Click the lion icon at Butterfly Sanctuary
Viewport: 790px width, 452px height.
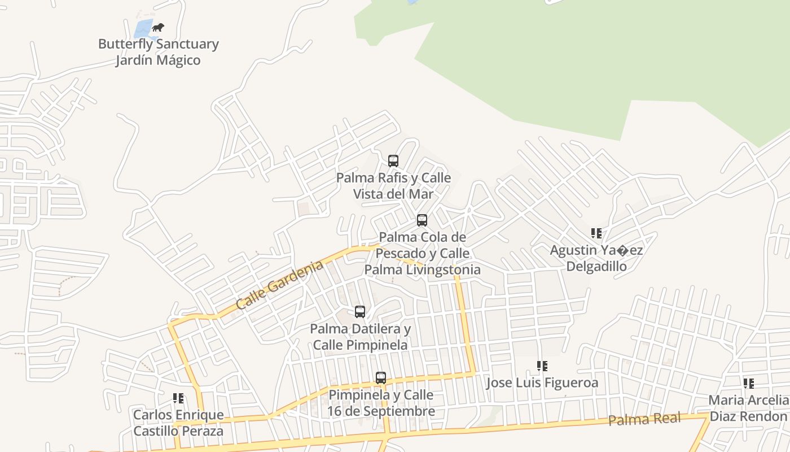(158, 27)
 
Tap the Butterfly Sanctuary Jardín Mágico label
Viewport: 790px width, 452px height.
(158, 52)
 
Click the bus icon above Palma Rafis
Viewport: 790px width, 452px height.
(393, 161)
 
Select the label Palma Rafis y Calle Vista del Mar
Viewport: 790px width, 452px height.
(393, 186)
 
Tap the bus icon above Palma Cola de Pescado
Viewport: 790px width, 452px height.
(422, 220)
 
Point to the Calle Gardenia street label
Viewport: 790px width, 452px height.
(279, 285)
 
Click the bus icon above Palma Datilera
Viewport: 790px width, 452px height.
(360, 311)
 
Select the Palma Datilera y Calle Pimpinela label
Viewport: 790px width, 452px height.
(360, 337)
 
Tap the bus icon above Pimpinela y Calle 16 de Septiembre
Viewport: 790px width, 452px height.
(381, 377)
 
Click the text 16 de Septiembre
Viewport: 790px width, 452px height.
(381, 411)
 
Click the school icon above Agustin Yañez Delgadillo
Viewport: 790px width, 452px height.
(596, 233)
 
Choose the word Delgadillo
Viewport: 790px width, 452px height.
(596, 266)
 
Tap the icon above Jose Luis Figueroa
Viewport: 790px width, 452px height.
(542, 366)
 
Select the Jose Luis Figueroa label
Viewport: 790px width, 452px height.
(542, 383)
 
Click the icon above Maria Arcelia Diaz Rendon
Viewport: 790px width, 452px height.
(749, 384)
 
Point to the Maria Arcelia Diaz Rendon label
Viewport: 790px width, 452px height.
(748, 408)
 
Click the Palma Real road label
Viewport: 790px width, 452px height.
(644, 419)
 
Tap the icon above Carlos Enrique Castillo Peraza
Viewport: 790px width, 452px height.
(178, 398)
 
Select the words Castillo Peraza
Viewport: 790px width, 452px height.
(178, 431)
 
